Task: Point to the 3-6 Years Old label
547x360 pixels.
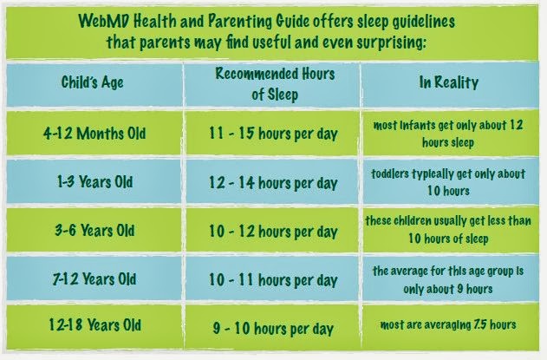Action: click(x=94, y=232)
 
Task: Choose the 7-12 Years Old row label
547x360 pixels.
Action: click(x=94, y=280)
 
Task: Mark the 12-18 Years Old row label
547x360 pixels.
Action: click(x=94, y=326)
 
